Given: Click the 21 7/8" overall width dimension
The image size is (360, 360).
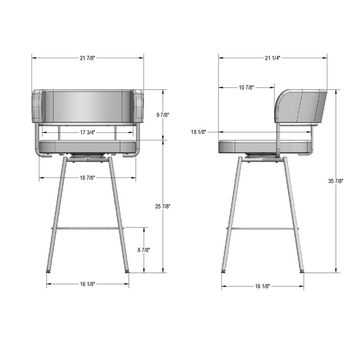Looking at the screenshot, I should point(88,58).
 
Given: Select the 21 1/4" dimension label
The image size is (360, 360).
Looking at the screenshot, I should point(272,58).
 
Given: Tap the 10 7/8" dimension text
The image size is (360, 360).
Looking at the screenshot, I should point(246,87).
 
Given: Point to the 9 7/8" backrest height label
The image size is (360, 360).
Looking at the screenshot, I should point(162,115).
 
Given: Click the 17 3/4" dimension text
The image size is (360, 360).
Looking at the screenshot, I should point(88,132).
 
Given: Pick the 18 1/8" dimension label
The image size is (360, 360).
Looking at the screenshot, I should point(199,132).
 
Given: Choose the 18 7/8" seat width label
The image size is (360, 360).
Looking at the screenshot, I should point(88,178).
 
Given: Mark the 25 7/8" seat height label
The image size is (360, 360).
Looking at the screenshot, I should point(162,207).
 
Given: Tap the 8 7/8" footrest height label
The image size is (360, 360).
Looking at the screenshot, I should point(144,250).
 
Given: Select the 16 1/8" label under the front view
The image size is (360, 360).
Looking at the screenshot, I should point(88,284).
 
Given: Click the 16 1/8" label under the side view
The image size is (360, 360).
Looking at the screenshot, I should point(263,286).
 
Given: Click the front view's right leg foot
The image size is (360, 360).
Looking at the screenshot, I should point(126,271).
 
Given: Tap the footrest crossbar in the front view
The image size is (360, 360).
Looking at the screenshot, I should point(88,228).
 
